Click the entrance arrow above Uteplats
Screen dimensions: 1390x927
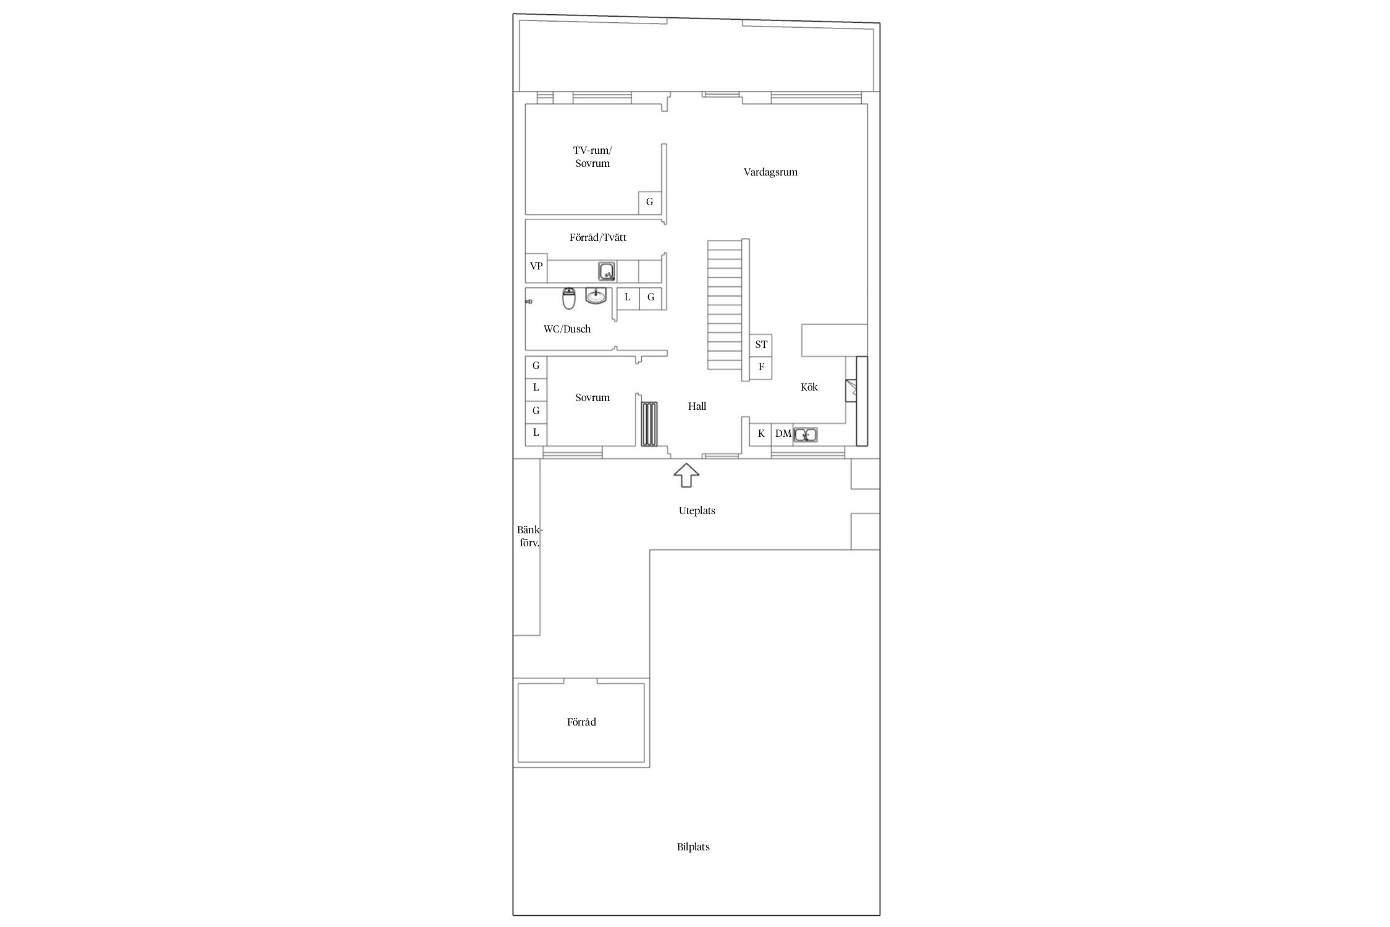[686, 476]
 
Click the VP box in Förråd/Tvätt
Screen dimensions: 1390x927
[536, 266]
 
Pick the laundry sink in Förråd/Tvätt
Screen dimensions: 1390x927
[607, 271]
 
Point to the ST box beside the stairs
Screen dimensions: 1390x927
[761, 345]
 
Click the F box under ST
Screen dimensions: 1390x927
[761, 367]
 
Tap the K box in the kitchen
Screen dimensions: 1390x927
[761, 434]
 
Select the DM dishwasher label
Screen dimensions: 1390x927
[783, 434]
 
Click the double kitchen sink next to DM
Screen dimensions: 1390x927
[806, 434]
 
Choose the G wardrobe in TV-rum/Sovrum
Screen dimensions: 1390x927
[649, 202]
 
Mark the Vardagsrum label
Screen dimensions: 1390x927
[770, 172]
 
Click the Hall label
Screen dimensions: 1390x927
[697, 406]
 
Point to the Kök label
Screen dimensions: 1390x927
[809, 387]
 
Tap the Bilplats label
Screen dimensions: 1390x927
[693, 847]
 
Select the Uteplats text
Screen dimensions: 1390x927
[697, 510]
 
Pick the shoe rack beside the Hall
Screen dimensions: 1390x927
[649, 423]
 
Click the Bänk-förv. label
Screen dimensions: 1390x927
[529, 536]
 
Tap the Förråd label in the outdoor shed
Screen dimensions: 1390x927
[581, 722]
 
